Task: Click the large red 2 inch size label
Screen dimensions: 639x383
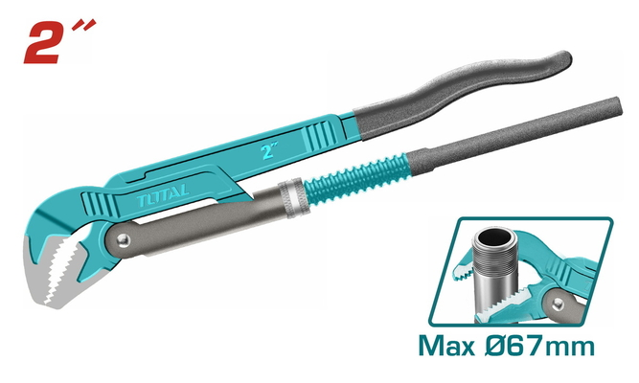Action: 59,41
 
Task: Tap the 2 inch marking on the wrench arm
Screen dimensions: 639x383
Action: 269,150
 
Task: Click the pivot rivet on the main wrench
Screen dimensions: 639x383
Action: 123,239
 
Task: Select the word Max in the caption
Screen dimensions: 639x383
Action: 447,347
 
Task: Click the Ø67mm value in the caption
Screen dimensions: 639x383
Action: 540,347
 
